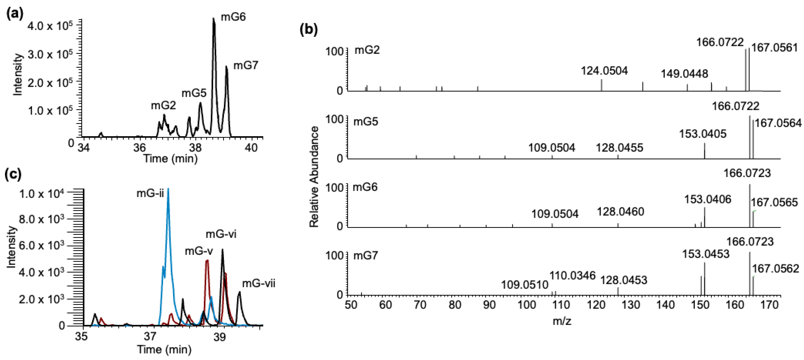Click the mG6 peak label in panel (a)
coord(233,17)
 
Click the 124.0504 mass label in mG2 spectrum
coord(604,71)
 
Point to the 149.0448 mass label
coord(684,74)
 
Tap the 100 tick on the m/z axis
coord(527,305)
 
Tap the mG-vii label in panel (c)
coord(259,283)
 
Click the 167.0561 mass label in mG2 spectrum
coord(774,48)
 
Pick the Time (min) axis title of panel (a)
coord(170,158)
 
